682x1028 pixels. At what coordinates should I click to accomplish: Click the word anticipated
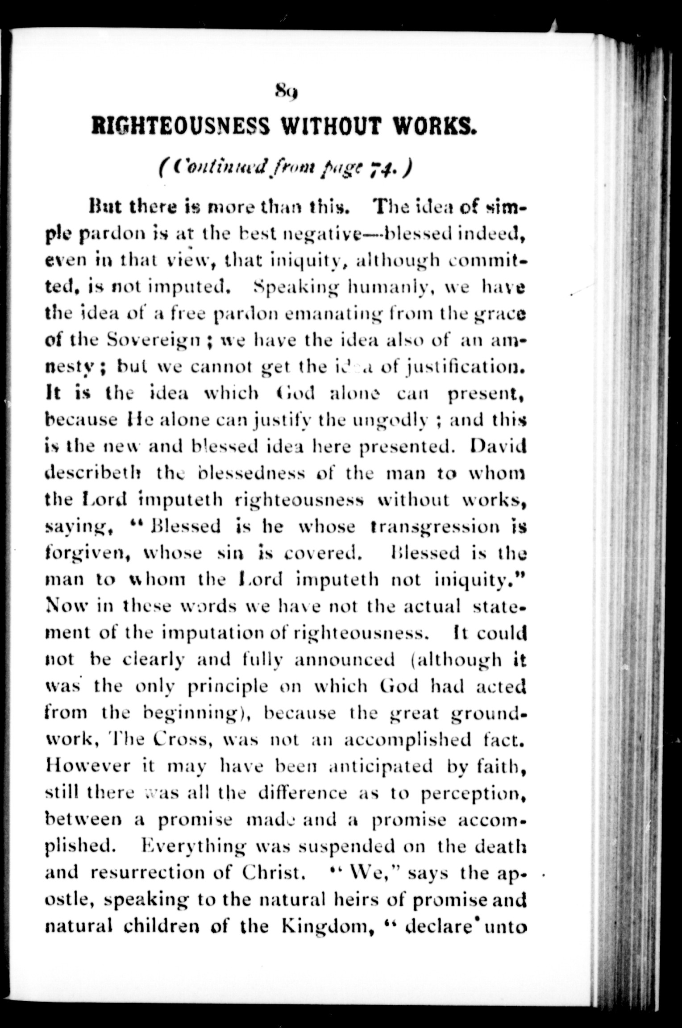point(380,766)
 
